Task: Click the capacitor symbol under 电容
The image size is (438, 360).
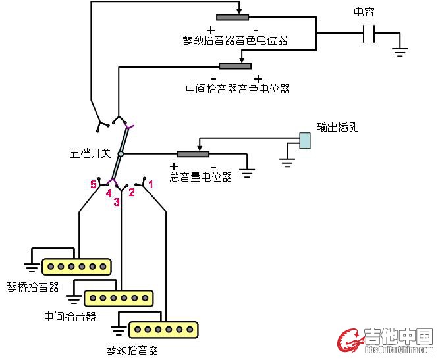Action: coord(369,34)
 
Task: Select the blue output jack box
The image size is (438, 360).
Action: coord(304,140)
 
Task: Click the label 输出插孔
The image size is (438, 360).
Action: coord(337,127)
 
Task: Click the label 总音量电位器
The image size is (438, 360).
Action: coord(201,177)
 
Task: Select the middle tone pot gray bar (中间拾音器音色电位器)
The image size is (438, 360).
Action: coord(235,66)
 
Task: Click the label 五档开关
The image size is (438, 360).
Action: coord(90,154)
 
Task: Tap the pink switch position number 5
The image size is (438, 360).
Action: coord(94,185)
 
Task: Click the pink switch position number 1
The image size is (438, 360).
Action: coord(150,185)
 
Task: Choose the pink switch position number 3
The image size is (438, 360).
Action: coord(116,202)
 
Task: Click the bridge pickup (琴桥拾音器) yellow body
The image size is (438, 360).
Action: coord(76,267)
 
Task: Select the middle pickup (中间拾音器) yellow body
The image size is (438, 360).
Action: coord(119,297)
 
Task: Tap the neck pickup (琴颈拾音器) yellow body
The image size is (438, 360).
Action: coord(163,328)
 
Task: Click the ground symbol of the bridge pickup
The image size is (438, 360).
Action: coord(31,266)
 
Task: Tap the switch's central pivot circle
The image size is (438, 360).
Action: coord(121,154)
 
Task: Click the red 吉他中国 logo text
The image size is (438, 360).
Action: coord(398,337)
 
